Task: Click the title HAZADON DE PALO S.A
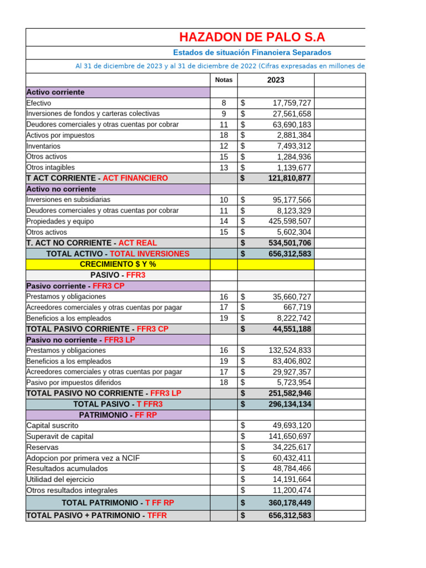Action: [x=252, y=37]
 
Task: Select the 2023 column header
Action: [x=276, y=80]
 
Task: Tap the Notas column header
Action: [x=224, y=80]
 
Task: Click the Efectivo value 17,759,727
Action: [x=292, y=103]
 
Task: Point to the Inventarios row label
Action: [x=43, y=146]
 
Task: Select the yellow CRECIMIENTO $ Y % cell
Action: [x=118, y=264]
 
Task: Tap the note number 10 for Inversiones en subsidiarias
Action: [x=224, y=200]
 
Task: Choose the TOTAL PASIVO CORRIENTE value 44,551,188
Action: [x=292, y=329]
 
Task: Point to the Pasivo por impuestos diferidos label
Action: [x=73, y=383]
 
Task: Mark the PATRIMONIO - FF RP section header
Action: [x=118, y=415]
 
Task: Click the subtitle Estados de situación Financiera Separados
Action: [x=252, y=53]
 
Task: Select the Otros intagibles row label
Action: [x=50, y=168]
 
